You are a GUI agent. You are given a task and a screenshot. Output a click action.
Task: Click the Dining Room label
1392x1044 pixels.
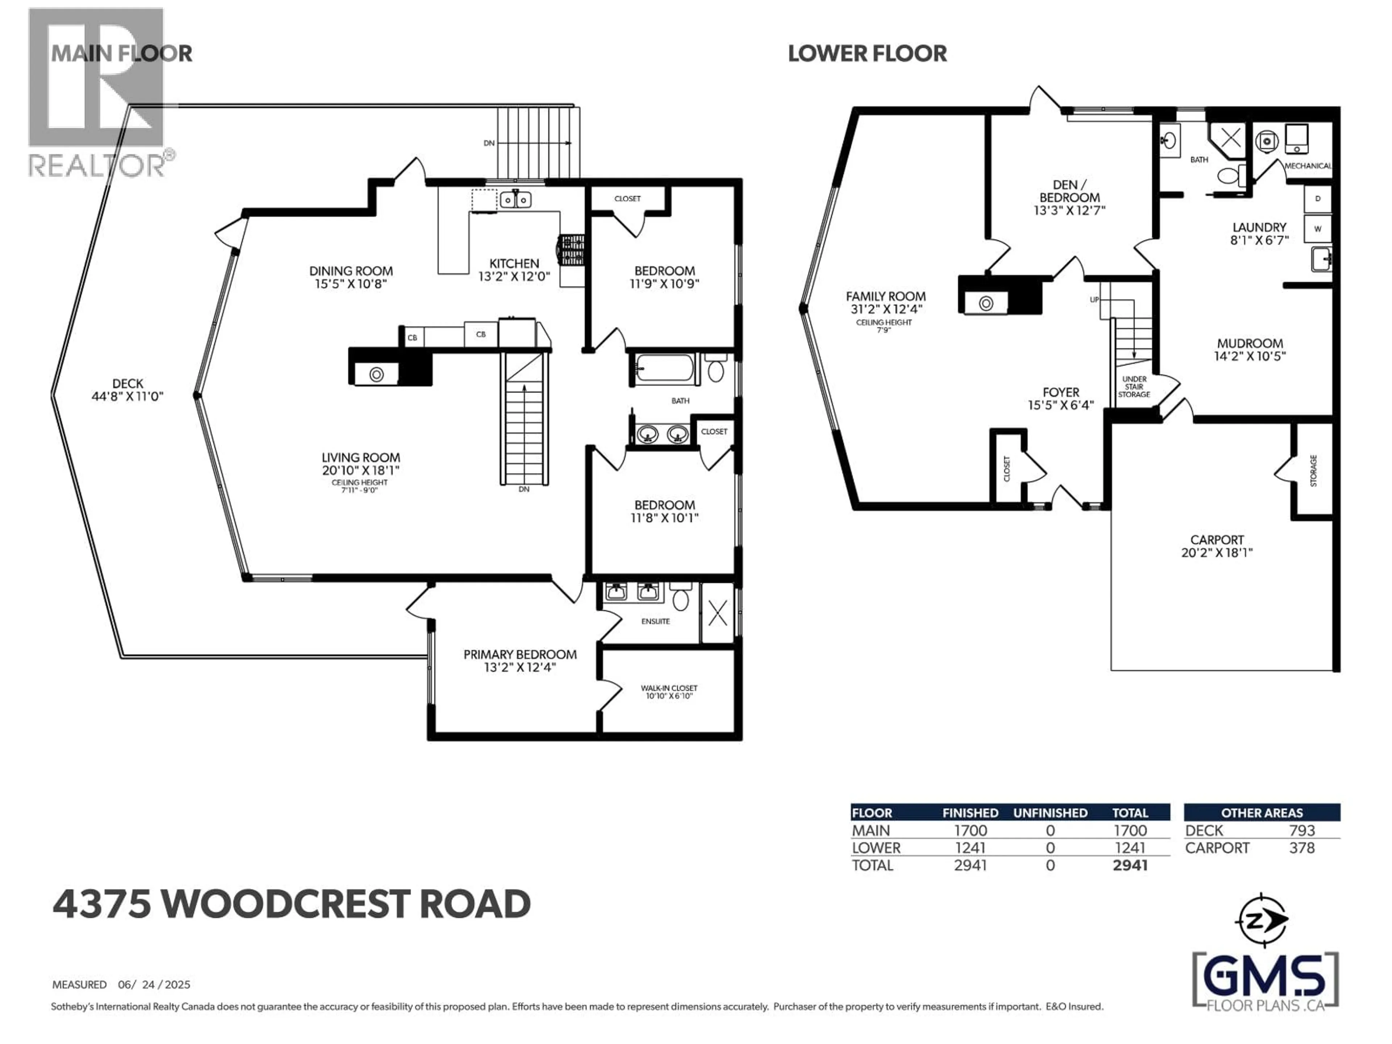351,271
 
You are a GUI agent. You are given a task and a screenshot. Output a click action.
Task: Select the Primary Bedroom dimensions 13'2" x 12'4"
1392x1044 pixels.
520,667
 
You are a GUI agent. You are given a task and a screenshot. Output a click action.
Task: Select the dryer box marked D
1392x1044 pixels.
1317,199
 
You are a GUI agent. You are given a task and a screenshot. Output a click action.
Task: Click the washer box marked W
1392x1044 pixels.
1317,229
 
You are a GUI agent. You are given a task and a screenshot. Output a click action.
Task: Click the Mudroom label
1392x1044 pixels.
1249,344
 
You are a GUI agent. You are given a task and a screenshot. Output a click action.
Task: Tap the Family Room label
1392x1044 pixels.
886,297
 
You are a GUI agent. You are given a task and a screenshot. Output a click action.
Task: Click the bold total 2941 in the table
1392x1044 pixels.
1130,865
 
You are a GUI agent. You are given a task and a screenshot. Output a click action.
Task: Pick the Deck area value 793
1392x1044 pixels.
1301,831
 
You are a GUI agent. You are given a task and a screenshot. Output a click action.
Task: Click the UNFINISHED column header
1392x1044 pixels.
1050,813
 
